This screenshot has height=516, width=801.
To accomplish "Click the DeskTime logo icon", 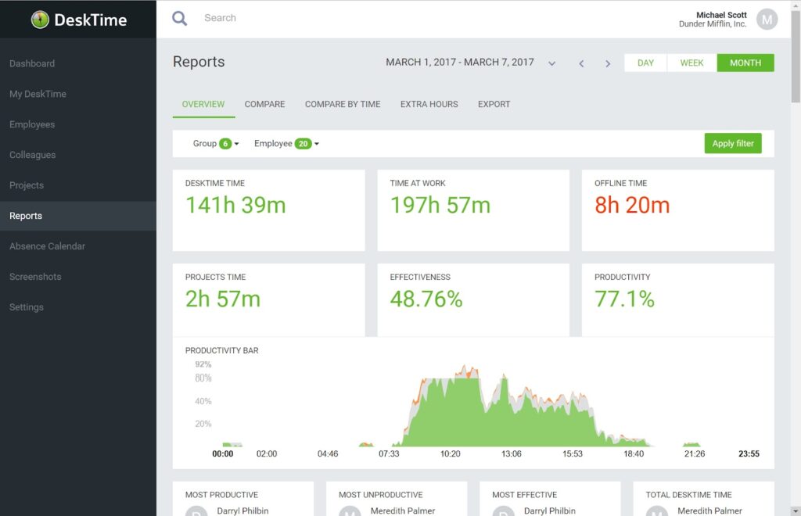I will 40,20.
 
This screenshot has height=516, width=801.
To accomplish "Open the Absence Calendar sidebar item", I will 47,246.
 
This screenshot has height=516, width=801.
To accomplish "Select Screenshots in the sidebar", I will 34,277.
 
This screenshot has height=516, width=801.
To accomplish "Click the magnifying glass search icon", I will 180,18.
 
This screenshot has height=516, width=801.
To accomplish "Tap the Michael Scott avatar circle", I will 767,20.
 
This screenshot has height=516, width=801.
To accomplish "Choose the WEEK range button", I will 691,63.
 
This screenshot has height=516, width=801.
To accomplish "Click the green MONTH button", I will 745,63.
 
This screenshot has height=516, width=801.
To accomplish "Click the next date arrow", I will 608,63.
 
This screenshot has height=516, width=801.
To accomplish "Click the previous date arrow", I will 581,63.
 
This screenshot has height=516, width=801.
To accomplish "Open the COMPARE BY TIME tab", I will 343,104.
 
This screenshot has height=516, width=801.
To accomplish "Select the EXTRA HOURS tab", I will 429,104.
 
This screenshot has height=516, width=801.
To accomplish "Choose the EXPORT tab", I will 494,104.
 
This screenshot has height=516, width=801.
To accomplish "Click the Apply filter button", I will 732,143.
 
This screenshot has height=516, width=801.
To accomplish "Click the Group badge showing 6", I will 225,144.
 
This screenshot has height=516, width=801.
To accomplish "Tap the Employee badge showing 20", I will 304,144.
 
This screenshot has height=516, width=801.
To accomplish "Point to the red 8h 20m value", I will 632,206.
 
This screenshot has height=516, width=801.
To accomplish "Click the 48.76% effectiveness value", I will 426,299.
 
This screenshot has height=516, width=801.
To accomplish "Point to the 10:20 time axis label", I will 450,453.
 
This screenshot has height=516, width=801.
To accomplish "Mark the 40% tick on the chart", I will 203,401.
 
